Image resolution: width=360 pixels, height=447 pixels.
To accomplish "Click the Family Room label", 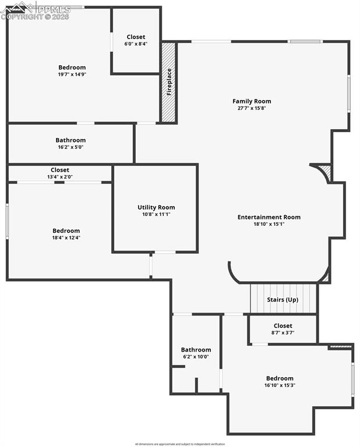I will click(x=252, y=101).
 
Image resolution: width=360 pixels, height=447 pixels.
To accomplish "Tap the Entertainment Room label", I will click(x=269, y=217).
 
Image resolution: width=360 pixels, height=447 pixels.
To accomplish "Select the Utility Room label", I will click(x=156, y=207).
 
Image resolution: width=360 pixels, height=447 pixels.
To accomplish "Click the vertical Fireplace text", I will click(x=169, y=82).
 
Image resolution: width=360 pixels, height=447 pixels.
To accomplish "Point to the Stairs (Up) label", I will click(x=283, y=300).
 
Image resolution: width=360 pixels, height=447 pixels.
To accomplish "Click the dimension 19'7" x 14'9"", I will click(x=72, y=74).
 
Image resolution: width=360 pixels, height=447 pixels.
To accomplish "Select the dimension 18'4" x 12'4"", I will click(x=66, y=237).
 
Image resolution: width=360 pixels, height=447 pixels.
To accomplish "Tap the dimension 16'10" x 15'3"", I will click(x=280, y=385).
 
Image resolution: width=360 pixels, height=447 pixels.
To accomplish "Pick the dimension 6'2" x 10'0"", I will click(x=196, y=357).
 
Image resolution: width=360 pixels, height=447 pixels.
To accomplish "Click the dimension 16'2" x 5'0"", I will click(x=70, y=147).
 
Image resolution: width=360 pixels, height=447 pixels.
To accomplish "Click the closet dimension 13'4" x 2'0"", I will click(x=60, y=177).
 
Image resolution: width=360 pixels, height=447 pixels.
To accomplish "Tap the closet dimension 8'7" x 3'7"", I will click(x=283, y=333).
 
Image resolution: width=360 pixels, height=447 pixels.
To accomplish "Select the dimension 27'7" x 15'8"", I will click(x=252, y=108).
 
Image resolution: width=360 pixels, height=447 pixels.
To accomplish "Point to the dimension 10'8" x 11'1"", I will click(x=156, y=214).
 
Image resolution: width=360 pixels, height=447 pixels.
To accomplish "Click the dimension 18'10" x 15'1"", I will click(x=269, y=224).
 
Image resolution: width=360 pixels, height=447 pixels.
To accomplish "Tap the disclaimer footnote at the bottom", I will click(x=179, y=444).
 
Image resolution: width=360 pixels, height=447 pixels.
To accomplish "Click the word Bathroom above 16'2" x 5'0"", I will click(x=70, y=140).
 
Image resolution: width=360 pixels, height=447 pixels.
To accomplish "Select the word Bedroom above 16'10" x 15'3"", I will click(x=280, y=378).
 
